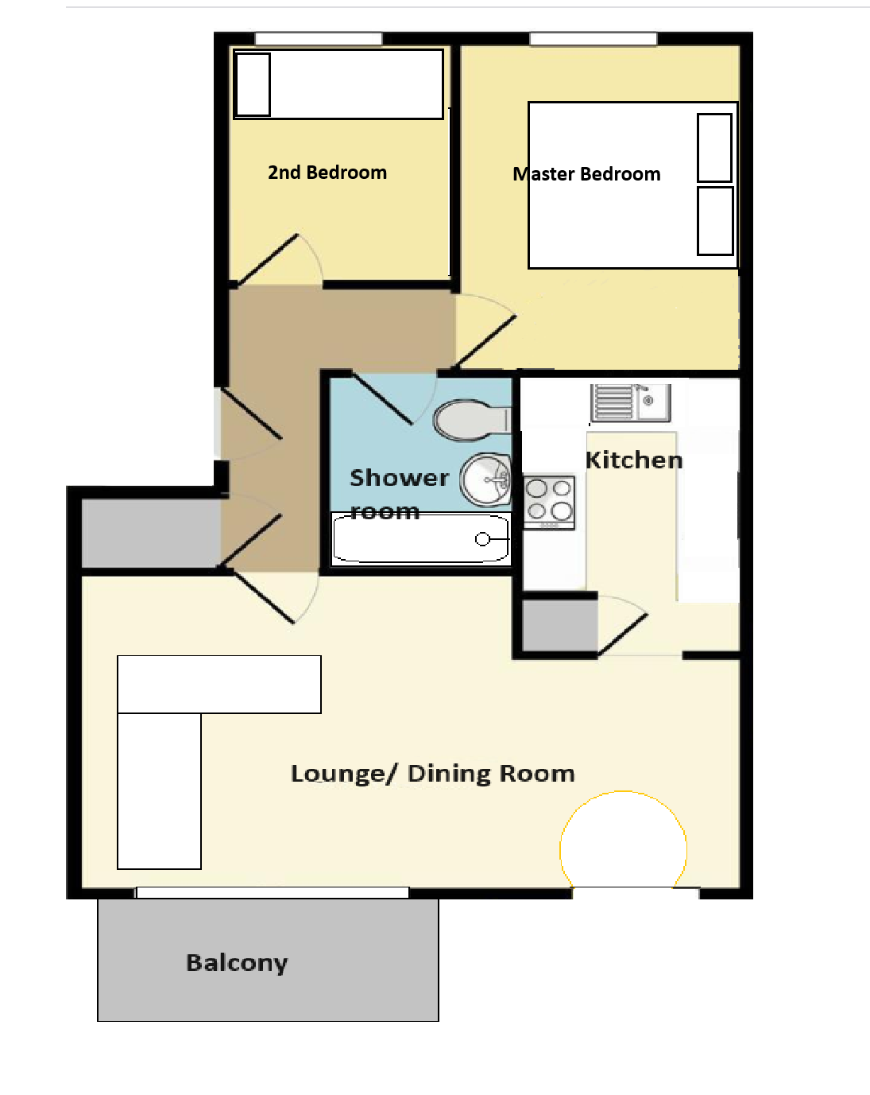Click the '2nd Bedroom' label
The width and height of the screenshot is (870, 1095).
[x=327, y=173]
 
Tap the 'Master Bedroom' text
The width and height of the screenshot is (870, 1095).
[x=586, y=174]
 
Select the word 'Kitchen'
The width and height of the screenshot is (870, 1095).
[x=633, y=460]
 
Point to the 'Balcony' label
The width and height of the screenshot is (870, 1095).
[x=237, y=963]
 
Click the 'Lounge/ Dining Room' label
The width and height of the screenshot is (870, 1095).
[x=433, y=774]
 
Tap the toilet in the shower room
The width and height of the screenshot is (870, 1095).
[x=472, y=420]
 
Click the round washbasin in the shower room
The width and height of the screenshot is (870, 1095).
[x=485, y=480]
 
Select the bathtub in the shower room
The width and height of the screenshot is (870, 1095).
[x=420, y=538]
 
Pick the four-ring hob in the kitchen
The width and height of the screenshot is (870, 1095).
[x=549, y=503]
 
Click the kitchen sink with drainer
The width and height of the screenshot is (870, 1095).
[x=631, y=403]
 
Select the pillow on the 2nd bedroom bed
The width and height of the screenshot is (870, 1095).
[x=253, y=84]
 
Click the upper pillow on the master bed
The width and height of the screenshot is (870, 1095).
[x=714, y=148]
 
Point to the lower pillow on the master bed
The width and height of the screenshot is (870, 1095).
[x=715, y=221]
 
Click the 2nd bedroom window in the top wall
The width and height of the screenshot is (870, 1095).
[x=319, y=39]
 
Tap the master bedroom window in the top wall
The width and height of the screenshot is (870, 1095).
[x=594, y=39]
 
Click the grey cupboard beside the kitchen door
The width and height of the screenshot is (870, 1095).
[x=560, y=625]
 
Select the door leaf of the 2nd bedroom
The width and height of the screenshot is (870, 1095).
[x=268, y=259]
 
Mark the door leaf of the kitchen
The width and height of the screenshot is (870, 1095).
[x=622, y=635]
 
